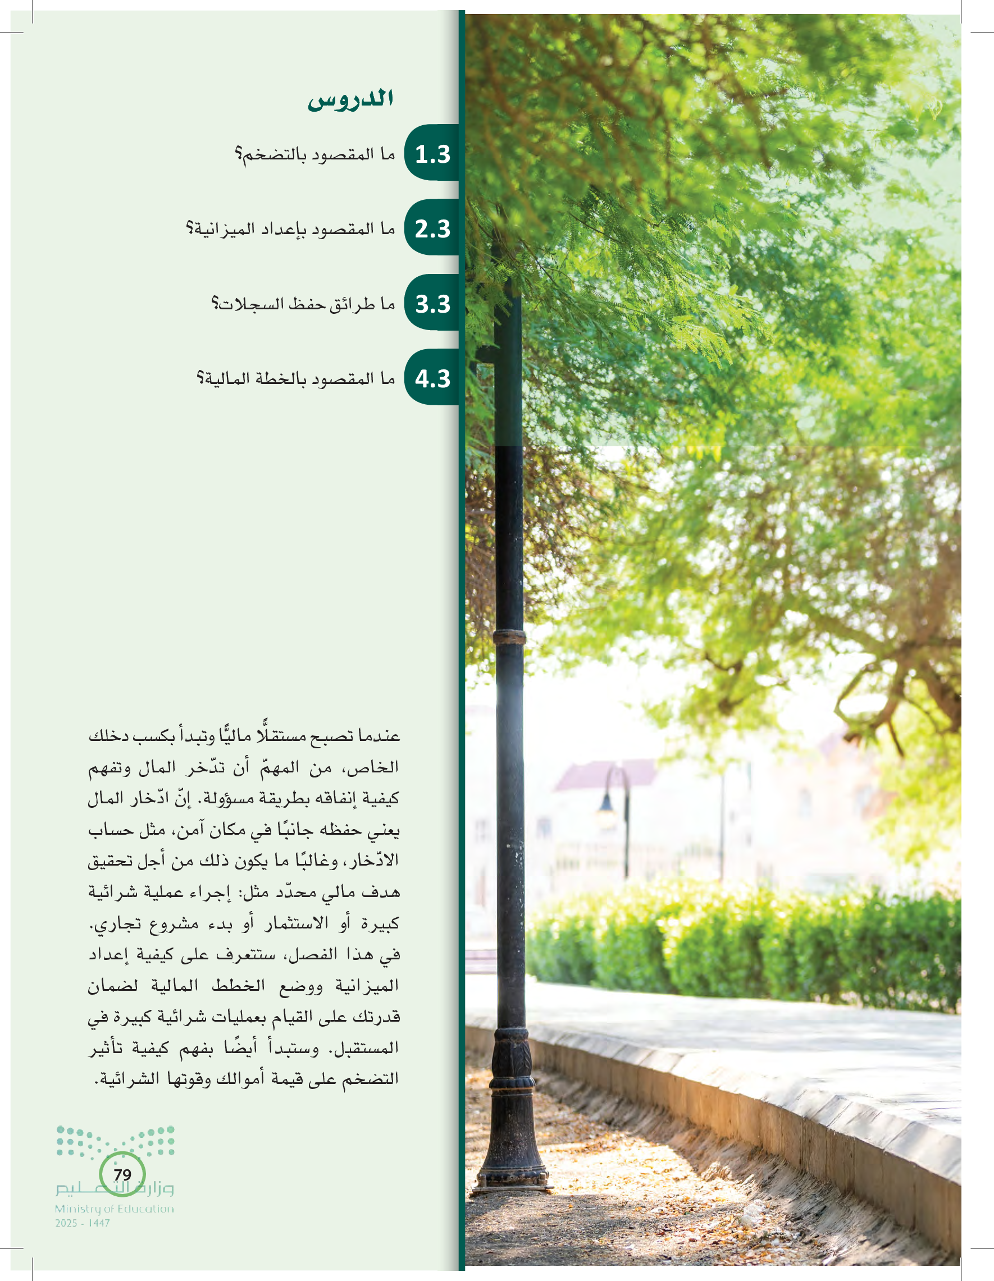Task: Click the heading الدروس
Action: click(350, 99)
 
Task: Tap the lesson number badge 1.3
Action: click(432, 154)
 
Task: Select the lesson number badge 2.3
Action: click(432, 229)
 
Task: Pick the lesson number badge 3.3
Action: click(432, 304)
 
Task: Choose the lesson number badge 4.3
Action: click(432, 379)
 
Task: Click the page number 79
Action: click(122, 1174)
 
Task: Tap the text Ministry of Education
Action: click(115, 1209)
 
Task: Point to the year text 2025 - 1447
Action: click(83, 1224)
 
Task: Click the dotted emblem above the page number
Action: click(116, 1140)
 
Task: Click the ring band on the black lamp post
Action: click(509, 637)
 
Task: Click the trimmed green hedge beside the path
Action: click(733, 944)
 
